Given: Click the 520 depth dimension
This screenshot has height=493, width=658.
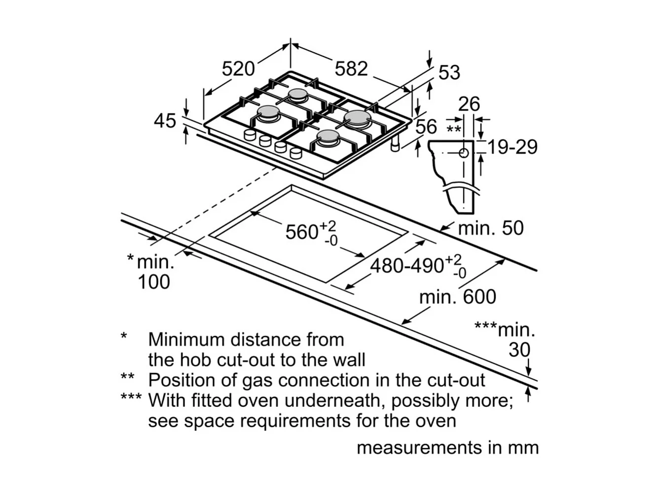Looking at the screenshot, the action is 238,69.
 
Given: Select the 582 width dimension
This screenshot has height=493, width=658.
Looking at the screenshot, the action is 351,69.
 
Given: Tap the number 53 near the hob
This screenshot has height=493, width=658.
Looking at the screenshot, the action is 449,72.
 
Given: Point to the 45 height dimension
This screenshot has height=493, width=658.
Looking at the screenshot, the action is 165,121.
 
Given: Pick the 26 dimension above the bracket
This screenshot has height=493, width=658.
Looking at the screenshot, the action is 469,104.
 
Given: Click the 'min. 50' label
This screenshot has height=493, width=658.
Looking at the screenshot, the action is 491,228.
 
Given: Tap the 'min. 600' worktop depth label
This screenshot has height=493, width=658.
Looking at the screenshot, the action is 457,297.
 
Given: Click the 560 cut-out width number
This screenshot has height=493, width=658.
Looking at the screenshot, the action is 301,232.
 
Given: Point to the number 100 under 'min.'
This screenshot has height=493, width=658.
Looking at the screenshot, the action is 154,282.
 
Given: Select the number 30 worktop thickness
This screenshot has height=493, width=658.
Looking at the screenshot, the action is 519,350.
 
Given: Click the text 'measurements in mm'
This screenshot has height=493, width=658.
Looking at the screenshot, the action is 447,448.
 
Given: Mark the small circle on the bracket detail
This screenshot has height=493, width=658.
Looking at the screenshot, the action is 464,153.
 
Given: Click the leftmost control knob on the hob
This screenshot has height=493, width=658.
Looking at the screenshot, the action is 250,135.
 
